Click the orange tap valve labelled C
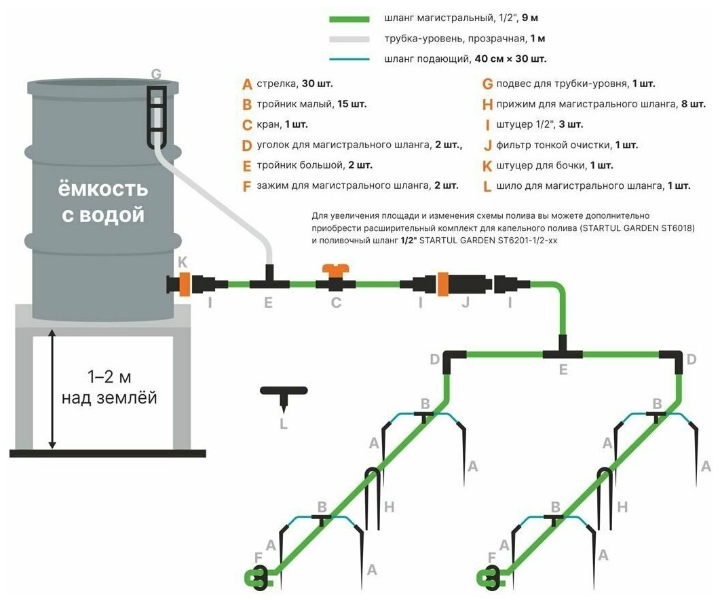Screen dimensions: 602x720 tap(336, 279)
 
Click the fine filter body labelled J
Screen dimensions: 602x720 tap(467, 283)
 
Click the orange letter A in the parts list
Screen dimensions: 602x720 tap(247, 85)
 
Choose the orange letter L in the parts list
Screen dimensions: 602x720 tap(487, 185)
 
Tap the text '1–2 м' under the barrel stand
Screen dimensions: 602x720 tap(109, 375)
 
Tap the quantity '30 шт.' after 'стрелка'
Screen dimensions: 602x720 tap(316, 85)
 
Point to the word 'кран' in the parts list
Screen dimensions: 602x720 tap(269, 125)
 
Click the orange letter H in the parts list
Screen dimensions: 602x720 tap(487, 105)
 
